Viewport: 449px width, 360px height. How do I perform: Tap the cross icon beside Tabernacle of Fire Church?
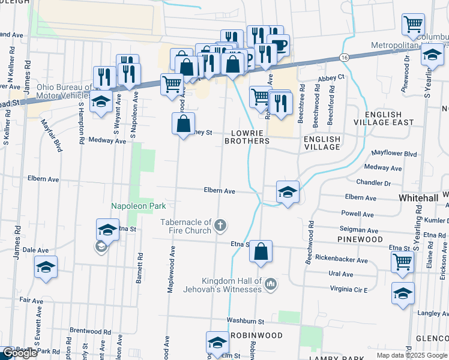[220, 226]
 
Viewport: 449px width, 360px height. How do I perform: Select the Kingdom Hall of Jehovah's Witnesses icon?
[270, 283]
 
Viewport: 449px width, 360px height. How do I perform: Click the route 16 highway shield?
[343, 57]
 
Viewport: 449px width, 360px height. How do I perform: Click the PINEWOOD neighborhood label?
[360, 239]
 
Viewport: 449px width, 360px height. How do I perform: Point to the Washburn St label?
[246, 322]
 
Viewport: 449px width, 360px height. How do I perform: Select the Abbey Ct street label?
[331, 77]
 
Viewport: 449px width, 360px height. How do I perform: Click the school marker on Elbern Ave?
[288, 192]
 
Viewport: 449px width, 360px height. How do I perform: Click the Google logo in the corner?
[19, 353]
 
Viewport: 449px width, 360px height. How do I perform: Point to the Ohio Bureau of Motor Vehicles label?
[65, 91]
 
